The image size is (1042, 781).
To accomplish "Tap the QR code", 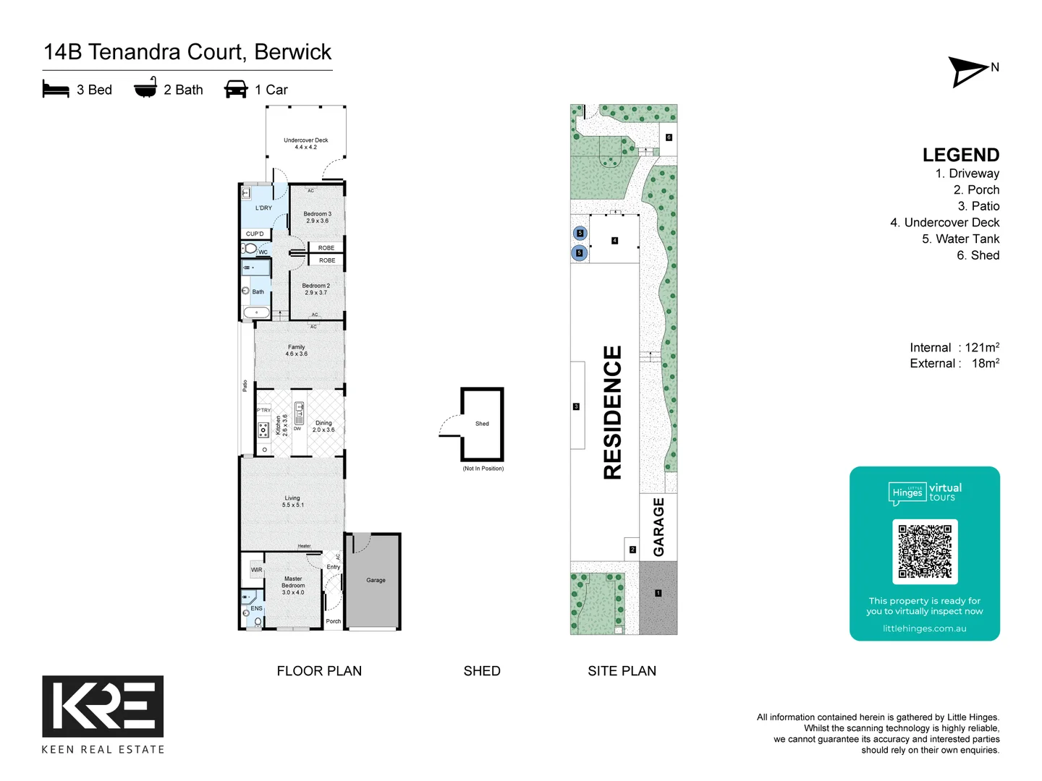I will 925,551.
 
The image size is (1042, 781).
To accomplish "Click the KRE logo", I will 103,706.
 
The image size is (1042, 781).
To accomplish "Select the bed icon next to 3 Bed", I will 56,89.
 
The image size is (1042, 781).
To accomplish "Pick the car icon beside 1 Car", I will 236,89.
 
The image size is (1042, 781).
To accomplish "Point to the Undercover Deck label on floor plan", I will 305,143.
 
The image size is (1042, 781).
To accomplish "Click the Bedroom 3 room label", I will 317,217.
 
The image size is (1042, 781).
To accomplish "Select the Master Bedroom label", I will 293,585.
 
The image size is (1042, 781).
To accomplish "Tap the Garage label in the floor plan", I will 376,580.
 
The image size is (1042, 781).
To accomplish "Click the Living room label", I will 292,501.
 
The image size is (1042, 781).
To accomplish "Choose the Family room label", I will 296,350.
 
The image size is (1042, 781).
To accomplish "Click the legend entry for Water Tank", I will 960,239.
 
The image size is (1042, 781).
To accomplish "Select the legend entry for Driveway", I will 967,174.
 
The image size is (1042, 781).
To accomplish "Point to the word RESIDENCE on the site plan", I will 612,412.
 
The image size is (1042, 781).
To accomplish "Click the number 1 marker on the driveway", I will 658,593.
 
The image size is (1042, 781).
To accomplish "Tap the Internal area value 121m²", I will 982,348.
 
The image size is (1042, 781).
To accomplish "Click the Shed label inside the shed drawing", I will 482,424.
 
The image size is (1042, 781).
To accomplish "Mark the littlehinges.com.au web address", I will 924,628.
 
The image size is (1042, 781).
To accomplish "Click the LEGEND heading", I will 960,155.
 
